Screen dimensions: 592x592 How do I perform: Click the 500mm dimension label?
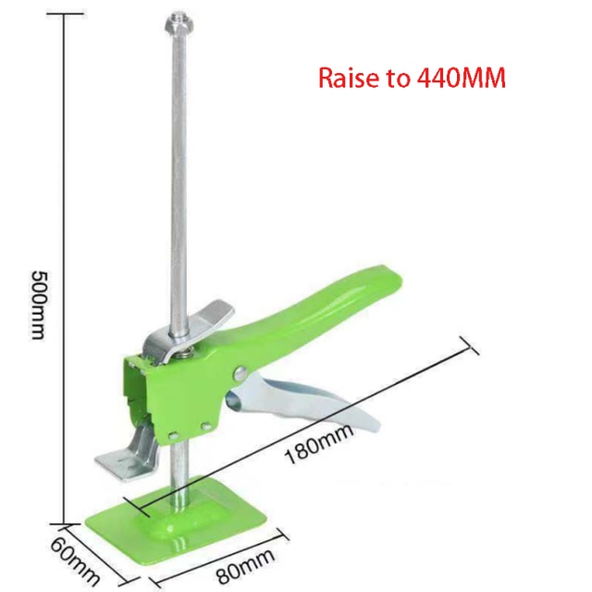pos(37,304)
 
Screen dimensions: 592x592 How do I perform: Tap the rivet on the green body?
pos(240,373)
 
